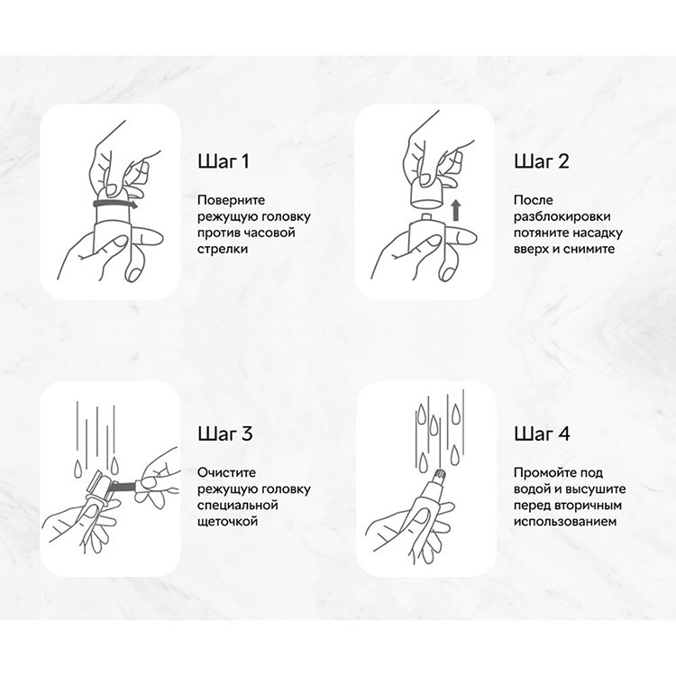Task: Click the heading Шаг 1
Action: coord(224,161)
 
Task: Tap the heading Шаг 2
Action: coord(542,161)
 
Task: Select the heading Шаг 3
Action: coord(225,434)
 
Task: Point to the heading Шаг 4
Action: coord(542,434)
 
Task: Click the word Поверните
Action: coord(231,200)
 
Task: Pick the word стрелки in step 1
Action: coord(223,249)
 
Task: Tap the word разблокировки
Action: coord(562,217)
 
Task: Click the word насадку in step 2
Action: coord(598,233)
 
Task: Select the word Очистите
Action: coord(226,473)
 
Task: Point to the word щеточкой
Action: coord(227,522)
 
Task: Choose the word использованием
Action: coord(565,522)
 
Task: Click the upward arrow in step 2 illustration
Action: coord(456,210)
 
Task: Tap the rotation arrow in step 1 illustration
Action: coord(115,203)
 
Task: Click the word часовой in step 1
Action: coord(269,233)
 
